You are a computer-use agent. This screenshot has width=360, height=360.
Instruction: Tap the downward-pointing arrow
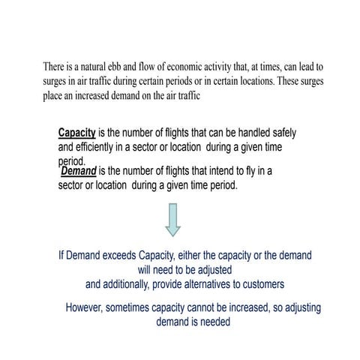pos(172,220)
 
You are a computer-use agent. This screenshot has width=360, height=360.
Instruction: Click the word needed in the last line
pos(213,322)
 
